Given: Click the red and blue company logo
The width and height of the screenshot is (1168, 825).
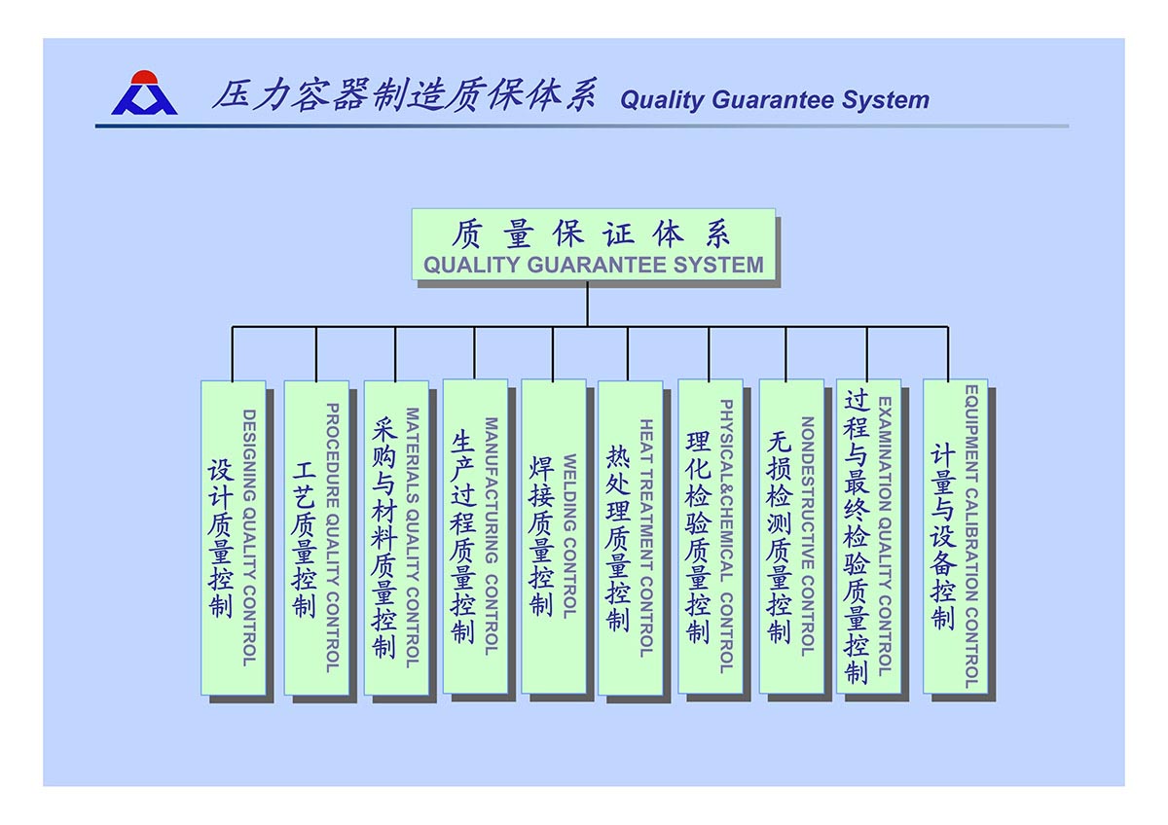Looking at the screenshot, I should point(144,93).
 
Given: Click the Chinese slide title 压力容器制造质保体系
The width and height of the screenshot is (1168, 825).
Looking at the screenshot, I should point(403,96).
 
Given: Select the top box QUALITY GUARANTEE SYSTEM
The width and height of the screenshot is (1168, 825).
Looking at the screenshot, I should point(593,244).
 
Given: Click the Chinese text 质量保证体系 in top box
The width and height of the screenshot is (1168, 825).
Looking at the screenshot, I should point(592,233).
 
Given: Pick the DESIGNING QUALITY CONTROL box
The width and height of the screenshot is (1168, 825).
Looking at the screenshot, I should point(233,537).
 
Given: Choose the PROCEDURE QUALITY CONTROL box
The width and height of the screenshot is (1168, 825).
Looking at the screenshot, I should point(316,537).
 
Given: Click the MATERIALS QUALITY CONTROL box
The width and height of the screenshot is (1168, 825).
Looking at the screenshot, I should point(396,537).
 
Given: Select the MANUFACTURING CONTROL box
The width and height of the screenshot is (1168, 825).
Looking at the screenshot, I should point(475,536).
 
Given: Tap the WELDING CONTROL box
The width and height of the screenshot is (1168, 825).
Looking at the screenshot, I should point(553,536).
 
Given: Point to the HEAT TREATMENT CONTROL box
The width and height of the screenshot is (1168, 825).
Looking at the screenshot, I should point(630,537).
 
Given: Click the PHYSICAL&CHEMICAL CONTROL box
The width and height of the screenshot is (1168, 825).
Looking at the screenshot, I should point(710,536).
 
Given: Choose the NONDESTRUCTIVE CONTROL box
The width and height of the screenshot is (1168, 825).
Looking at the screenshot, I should point(790,536).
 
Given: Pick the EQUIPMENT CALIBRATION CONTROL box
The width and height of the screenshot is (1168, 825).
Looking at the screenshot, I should point(955,536).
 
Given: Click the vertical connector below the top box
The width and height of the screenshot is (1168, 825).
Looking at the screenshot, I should point(587,304).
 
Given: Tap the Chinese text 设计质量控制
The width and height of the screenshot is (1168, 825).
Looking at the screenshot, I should point(220,537).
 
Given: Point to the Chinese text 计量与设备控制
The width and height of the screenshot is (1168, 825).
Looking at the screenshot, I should point(942,537).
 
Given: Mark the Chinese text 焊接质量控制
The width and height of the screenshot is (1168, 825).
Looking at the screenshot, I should point(541,536).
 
